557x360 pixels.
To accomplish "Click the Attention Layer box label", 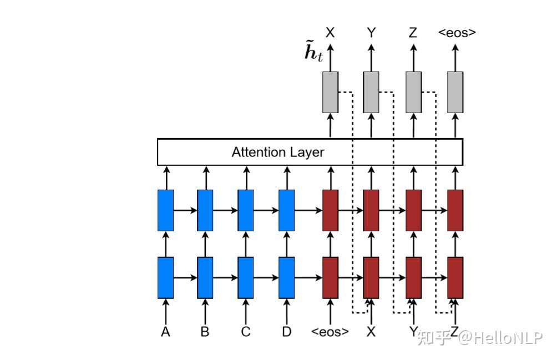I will [x=277, y=152].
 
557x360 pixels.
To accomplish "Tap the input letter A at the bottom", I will [x=165, y=332].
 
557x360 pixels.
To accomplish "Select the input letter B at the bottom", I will [x=205, y=332].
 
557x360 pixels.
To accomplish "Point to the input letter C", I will [x=246, y=332].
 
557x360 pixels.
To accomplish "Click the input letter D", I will [x=286, y=332].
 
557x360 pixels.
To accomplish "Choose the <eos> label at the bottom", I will [x=330, y=332].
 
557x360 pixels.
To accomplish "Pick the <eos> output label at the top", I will [x=457, y=33].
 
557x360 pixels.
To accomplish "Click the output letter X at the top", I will [x=330, y=33].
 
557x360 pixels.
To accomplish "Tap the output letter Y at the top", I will [x=371, y=33].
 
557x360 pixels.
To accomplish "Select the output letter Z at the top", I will [x=413, y=33].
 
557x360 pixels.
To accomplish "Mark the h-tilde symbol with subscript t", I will [x=313, y=54].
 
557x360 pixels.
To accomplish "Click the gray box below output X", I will [x=330, y=92].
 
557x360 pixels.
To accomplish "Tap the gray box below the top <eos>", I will [x=455, y=92].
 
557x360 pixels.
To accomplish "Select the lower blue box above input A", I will [x=165, y=277].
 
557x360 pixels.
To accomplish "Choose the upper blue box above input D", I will [x=286, y=210].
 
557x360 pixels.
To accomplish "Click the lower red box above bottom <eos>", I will [x=330, y=277].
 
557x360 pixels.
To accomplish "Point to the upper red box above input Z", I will [x=455, y=210].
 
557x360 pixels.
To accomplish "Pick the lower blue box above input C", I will [x=246, y=277].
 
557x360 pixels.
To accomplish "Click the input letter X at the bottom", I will [x=371, y=332].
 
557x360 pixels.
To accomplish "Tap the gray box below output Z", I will [x=414, y=92].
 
